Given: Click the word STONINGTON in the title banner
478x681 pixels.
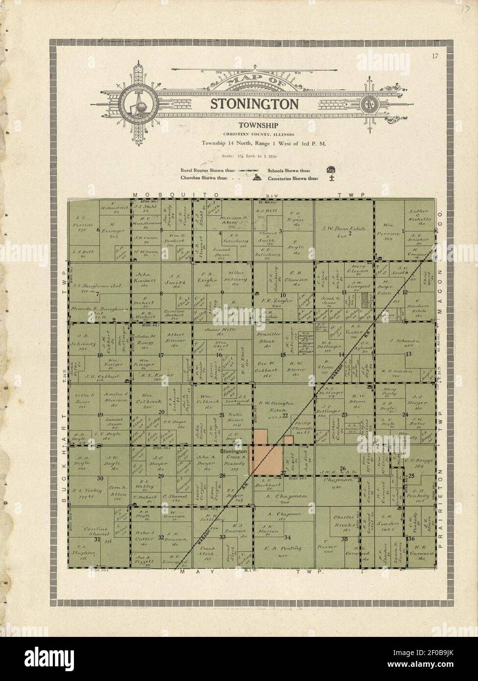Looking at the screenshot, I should tap(254, 103).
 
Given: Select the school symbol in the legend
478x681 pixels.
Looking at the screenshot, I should tap(331, 170).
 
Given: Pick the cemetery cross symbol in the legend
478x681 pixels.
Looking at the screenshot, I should tap(331, 178).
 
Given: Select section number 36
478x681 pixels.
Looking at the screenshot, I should tap(411, 538).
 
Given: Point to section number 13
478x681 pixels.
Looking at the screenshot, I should tap(407, 354).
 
